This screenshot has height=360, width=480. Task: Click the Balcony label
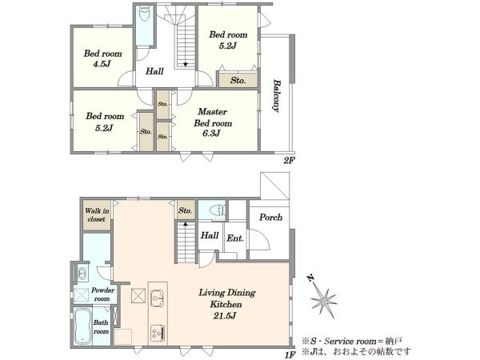tap(277, 96)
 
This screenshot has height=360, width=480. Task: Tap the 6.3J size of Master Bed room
tap(211, 134)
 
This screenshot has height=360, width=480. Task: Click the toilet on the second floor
tap(144, 14)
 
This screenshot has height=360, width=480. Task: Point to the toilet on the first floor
tap(218, 210)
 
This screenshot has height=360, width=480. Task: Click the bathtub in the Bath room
tap(82, 326)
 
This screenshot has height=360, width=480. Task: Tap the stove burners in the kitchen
tap(158, 332)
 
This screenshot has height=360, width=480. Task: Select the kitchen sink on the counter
tap(158, 297)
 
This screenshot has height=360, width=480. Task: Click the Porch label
tap(270, 218)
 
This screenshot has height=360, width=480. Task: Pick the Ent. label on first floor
tap(235, 238)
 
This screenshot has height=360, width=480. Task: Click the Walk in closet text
tap(97, 215)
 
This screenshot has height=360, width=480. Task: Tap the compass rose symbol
tap(323, 300)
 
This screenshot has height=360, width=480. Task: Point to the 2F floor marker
tap(288, 160)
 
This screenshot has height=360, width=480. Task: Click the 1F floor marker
tap(290, 354)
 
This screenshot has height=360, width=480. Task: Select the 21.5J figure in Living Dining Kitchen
tap(225, 316)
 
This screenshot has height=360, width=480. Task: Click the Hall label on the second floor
tap(154, 71)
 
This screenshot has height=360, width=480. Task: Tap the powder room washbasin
tap(82, 273)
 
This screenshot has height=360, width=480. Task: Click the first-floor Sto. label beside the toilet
tap(186, 211)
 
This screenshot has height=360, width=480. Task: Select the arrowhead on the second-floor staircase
tap(186, 65)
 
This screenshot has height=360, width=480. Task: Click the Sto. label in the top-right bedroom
tap(238, 81)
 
